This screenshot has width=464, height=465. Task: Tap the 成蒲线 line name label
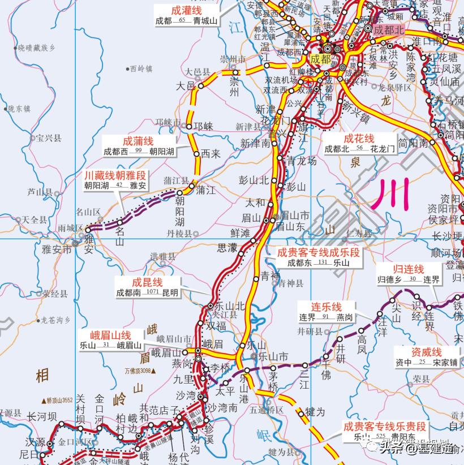click(138, 141)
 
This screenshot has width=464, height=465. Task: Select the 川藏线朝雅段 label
click(115, 175)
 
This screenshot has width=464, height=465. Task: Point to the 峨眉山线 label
click(113, 335)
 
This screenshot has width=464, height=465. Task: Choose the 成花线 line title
click(359, 139)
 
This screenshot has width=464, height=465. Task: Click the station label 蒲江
click(205, 191)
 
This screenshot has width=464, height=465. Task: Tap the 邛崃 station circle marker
click(189, 127)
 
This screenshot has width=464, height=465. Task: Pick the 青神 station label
click(270, 275)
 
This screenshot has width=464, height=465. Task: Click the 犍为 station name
click(315, 412)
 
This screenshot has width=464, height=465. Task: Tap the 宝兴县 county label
click(48, 138)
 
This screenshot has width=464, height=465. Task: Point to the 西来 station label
click(210, 153)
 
